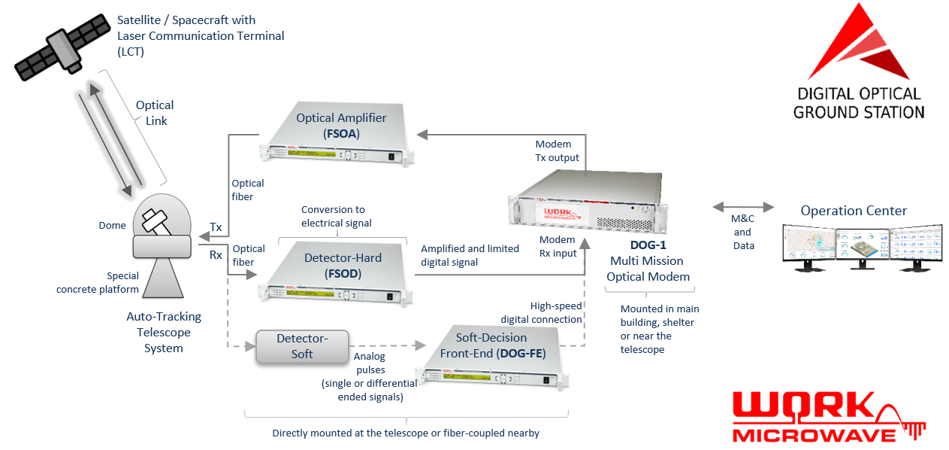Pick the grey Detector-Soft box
click(x=301, y=346)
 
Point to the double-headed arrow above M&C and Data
click(x=742, y=206)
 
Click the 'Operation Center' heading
click(x=854, y=211)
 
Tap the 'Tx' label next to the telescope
click(x=216, y=227)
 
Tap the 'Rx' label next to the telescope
click(x=216, y=255)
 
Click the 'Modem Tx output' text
click(x=557, y=151)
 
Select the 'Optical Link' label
click(x=155, y=113)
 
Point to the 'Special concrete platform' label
click(x=98, y=283)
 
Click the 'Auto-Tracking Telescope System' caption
click(x=164, y=332)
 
